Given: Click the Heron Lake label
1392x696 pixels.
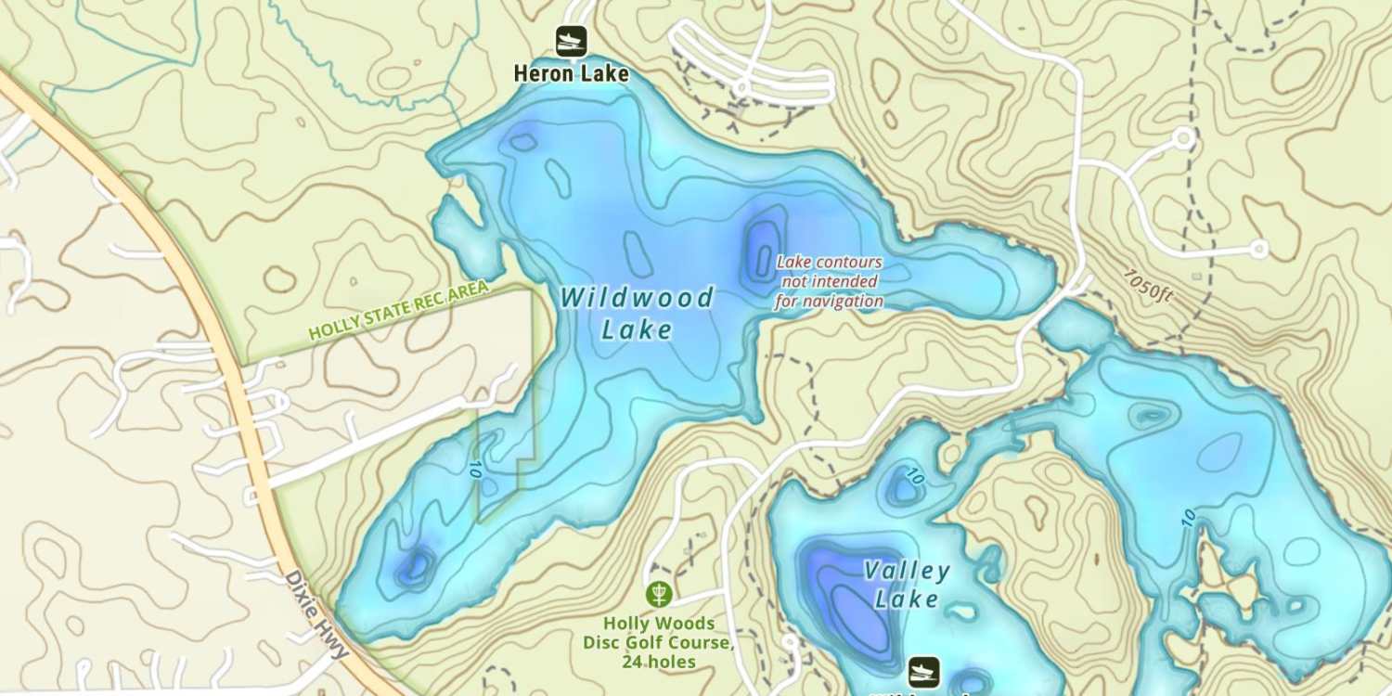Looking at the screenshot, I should pos(572,73).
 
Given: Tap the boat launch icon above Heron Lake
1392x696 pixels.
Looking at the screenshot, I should pos(572,41).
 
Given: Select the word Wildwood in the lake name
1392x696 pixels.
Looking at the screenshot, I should pos(637,298).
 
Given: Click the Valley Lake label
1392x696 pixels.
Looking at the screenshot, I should pos(906,585).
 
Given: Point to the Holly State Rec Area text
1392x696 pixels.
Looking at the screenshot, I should pos(398,311).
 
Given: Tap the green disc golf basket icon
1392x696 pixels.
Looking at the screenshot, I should pos(659,593).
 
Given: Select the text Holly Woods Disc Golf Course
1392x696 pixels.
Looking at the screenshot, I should pos(659,633).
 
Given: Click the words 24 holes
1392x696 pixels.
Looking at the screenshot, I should pos(659,662).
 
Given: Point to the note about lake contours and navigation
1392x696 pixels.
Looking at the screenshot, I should pos(829,281).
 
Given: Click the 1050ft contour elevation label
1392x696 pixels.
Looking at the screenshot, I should pos(1148,285).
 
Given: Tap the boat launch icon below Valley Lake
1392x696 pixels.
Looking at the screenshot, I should pos(923,672).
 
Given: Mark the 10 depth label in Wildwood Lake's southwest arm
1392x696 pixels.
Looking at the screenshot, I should pos(475,469).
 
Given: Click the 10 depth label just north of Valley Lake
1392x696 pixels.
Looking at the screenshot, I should pos(915,479).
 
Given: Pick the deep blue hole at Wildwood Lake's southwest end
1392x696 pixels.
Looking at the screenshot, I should pos(415,564).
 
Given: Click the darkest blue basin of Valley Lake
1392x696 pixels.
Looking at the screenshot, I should pos(849,599).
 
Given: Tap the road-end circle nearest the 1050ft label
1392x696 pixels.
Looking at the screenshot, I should pos(1257,249).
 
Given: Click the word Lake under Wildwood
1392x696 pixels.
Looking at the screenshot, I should pos(637,329).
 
